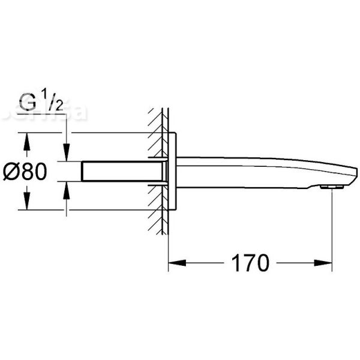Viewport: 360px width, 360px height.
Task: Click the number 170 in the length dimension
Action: (247, 262)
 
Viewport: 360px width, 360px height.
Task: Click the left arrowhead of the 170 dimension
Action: (174, 262)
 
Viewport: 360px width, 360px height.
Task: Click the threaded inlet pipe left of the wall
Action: (120, 171)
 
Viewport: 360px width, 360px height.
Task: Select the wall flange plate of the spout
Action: (172, 171)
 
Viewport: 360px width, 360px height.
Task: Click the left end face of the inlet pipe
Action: (82, 171)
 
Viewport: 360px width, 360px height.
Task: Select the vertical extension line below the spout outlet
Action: (332, 228)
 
